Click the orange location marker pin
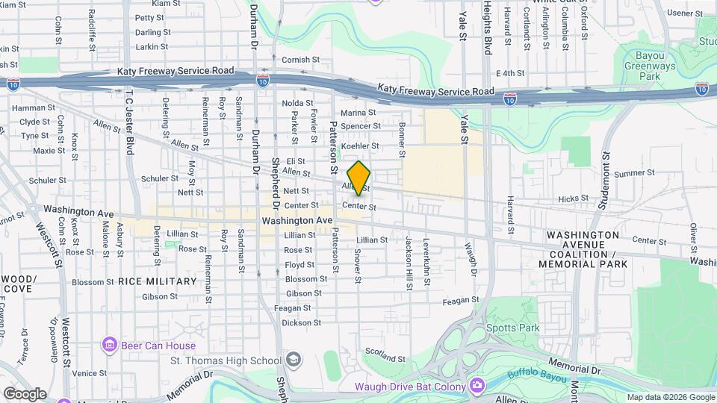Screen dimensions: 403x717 [358, 178]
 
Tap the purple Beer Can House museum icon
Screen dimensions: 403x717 [110, 346]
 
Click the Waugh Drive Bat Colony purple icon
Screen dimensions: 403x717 [477, 386]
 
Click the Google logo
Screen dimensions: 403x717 [25, 393]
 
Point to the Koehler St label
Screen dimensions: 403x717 [360, 146]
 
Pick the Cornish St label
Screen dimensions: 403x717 [300, 60]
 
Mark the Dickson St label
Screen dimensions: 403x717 [302, 323]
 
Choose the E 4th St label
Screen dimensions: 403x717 [511, 73]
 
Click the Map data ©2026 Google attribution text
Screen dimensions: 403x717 [671, 397]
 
